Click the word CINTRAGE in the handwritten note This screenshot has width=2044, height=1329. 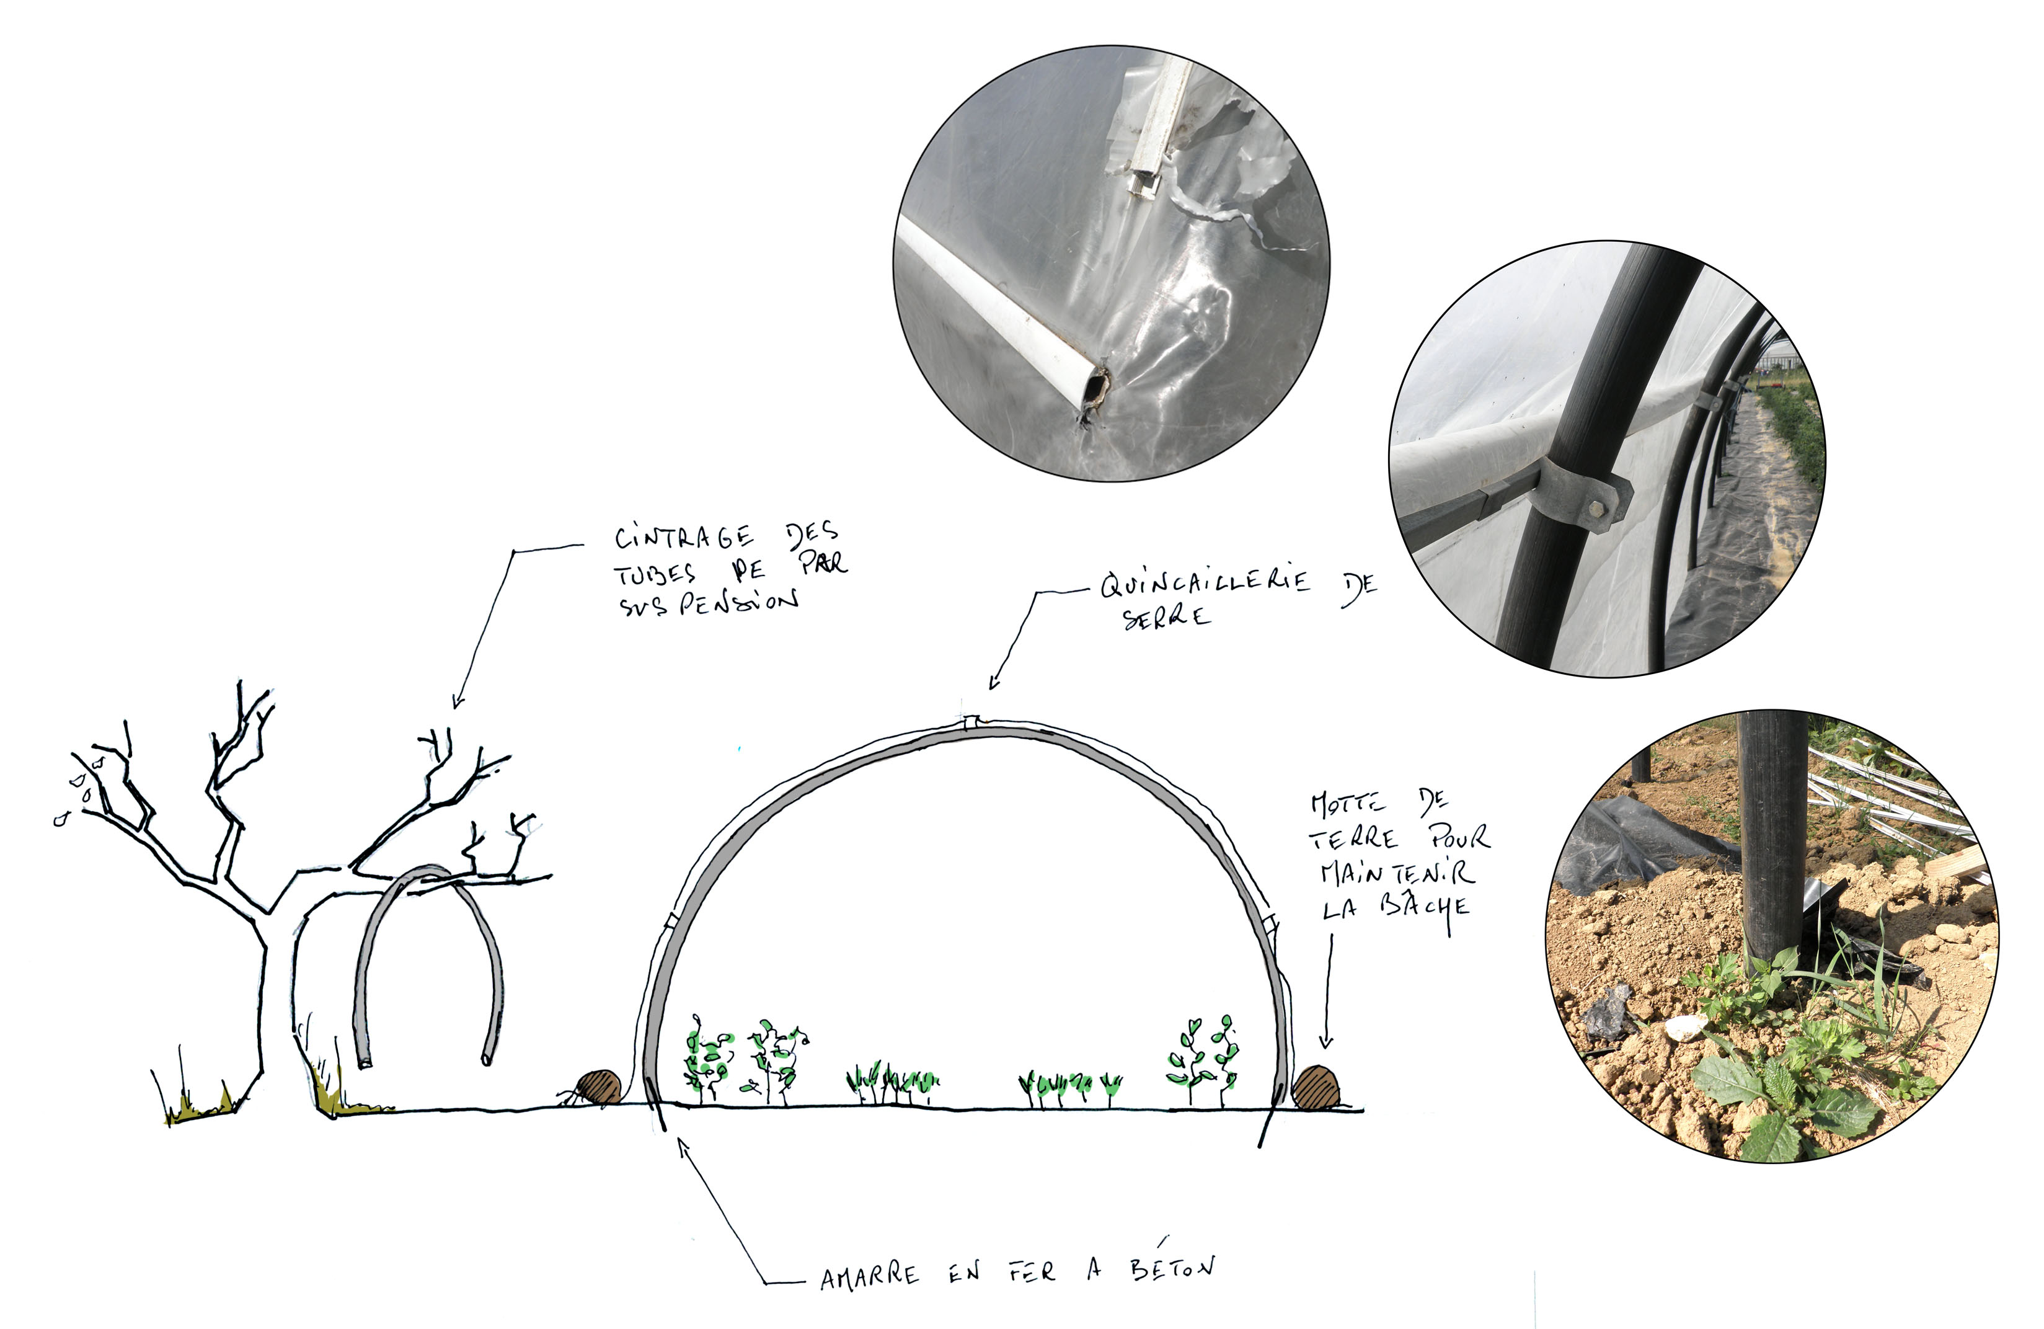point(684,537)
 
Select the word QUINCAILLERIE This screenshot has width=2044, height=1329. point(1205,582)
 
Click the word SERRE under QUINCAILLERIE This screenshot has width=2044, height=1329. point(1166,616)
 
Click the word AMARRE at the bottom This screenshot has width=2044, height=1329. point(869,1276)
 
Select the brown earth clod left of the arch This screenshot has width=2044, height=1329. point(598,1088)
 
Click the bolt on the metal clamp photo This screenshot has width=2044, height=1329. point(1596,509)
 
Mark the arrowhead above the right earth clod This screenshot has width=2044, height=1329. point(1326,1041)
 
